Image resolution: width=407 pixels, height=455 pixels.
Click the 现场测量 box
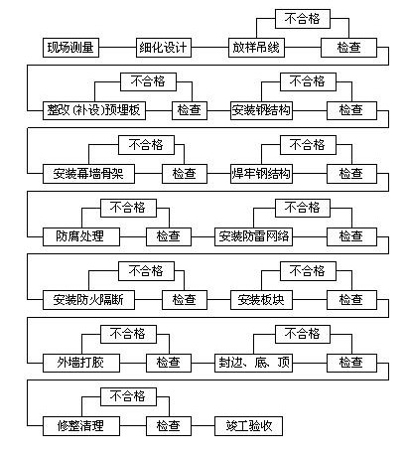tap(70, 48)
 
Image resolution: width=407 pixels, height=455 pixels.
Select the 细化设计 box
tap(164, 48)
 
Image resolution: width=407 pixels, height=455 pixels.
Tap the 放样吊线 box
tap(256, 48)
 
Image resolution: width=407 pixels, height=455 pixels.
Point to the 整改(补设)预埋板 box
tap(94, 110)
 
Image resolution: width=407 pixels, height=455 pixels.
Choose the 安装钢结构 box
tap(261, 110)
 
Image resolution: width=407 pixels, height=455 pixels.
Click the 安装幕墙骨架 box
tap(88, 174)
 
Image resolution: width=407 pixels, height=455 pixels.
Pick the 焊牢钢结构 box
tap(261, 174)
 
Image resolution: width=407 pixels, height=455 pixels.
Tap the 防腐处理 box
tap(81, 236)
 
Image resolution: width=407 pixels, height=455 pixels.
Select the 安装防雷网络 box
tap(253, 236)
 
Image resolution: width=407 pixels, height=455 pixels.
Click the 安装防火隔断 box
tap(88, 300)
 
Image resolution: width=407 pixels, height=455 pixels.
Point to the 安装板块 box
tap(261, 300)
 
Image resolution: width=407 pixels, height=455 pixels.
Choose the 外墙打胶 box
tap(81, 363)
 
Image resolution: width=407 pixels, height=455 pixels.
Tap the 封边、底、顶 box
tap(253, 363)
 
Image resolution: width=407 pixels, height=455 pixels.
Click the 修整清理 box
tap(81, 426)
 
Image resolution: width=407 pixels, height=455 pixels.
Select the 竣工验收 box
tap(248, 426)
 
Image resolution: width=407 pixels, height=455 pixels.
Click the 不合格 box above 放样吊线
tap(303, 19)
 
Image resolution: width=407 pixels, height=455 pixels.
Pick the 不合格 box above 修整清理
tap(128, 396)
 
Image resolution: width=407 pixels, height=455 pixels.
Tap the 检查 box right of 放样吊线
tap(348, 48)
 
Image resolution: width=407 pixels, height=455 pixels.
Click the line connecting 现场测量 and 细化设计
tap(117, 48)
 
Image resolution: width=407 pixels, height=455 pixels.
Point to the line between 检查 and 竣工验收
tap(203, 426)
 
